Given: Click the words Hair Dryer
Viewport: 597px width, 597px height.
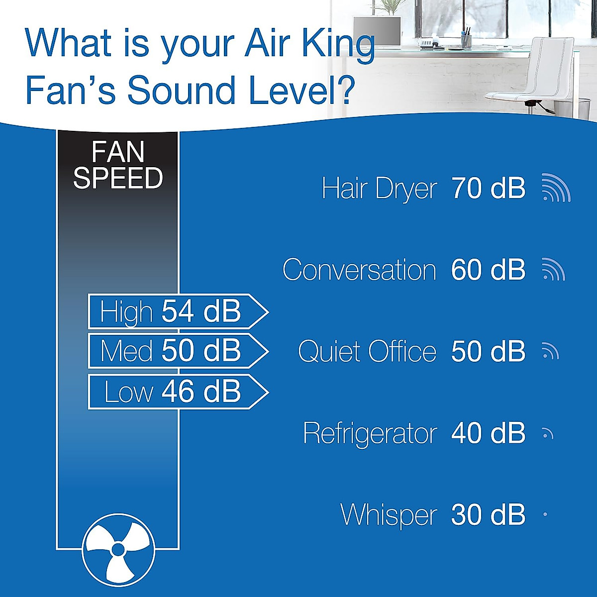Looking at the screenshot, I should pos(379,189).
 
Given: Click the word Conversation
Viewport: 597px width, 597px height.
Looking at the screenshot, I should pos(359,270).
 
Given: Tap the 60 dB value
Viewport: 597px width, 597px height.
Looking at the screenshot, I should pos(488,270).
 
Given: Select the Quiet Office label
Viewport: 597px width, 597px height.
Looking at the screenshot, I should pos(367,352).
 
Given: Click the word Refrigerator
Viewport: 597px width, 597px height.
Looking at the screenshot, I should pos(370,433).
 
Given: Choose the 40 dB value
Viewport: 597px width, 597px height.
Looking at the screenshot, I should pos(488,433).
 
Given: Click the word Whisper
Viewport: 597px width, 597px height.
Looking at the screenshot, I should pos(389,515).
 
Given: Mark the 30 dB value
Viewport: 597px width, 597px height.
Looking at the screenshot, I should pos(488,514).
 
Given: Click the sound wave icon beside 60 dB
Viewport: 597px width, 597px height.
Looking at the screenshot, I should pos(553,270).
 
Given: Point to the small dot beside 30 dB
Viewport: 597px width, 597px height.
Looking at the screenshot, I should pos(545,514).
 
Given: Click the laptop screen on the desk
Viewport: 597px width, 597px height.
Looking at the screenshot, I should pos(377,31).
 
